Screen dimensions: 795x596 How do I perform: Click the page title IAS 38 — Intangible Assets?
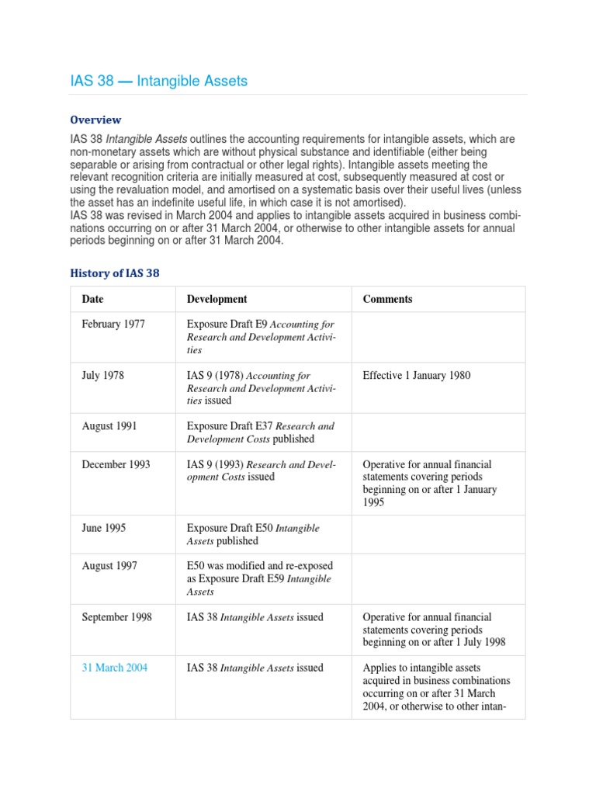tap(159, 81)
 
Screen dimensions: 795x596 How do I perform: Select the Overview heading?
tap(95, 120)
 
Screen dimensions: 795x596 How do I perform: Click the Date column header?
tap(92, 299)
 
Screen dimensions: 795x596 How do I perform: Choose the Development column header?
tap(217, 299)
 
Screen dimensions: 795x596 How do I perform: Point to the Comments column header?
tap(387, 299)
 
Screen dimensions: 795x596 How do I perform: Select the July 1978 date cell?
tap(102, 375)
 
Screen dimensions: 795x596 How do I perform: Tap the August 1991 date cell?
tap(108, 425)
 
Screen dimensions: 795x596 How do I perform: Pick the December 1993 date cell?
tap(116, 464)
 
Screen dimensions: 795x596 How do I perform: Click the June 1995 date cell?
tap(103, 528)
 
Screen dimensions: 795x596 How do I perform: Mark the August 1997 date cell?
tap(109, 566)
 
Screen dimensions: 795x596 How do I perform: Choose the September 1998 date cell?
tap(116, 617)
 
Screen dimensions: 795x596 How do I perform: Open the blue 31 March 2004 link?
tap(114, 668)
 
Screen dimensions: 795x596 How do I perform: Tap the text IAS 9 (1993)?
tap(215, 464)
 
